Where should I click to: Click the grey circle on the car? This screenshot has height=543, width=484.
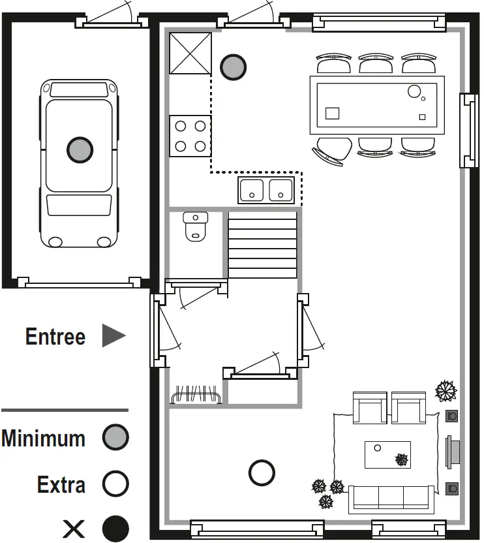[x=80, y=149]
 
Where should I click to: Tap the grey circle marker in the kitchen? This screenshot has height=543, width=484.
[x=233, y=67]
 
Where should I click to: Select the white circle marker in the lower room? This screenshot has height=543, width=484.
[x=262, y=473]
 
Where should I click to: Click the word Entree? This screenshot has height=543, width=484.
[x=55, y=337]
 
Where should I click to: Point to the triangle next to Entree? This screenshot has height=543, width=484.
[x=112, y=336]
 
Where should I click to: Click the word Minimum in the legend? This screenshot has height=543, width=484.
[x=43, y=438]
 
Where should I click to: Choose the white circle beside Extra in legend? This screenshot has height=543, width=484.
[x=115, y=484]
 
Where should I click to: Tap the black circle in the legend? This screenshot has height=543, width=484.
[x=115, y=528]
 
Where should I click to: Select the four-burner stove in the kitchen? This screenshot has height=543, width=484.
[x=190, y=136]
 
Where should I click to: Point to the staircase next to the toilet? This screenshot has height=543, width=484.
[x=262, y=245]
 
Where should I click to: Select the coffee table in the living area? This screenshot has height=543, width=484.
[x=387, y=454]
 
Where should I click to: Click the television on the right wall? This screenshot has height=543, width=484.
[x=453, y=452]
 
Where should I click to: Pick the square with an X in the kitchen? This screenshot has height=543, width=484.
[x=190, y=54]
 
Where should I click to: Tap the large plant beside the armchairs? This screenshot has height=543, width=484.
[x=446, y=392]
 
